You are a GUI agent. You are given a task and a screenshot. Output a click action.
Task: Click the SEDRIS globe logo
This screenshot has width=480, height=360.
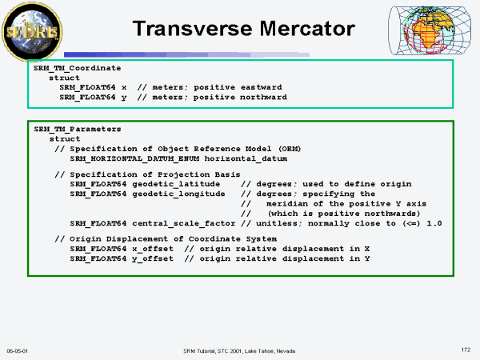32,31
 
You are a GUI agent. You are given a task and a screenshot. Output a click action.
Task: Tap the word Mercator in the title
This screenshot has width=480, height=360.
307,29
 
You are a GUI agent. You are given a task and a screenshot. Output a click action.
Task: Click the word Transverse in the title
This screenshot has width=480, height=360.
194,29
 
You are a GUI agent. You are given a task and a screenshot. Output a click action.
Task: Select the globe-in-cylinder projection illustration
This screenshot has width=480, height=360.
430,30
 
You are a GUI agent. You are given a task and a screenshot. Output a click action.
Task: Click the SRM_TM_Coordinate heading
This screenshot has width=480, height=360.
77,68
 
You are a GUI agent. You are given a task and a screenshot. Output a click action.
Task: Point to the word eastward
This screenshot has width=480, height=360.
261,87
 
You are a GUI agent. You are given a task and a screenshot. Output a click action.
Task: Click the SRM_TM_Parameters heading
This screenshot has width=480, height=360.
78,129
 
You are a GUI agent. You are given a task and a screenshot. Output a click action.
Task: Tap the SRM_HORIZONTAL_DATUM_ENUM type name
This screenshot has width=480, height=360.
134,158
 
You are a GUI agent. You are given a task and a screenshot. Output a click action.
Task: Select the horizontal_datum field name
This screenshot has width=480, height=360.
246,158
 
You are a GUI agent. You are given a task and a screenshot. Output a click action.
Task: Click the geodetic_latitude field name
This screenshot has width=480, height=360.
176,184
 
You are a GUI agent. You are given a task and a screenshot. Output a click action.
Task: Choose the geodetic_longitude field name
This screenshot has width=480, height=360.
178,194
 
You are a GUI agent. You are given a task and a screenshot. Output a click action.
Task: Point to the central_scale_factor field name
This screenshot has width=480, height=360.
184,223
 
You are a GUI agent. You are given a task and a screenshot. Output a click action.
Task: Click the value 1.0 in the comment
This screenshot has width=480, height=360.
434,223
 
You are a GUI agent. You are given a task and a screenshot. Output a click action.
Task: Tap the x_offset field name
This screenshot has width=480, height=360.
153,249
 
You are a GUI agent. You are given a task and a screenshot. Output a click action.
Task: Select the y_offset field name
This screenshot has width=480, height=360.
153,258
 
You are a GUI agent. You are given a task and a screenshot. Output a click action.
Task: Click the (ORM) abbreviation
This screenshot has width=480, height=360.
290,149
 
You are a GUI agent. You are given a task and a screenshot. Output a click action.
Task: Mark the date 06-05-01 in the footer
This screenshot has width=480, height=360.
17,351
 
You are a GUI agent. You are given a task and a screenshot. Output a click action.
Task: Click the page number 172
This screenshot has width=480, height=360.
466,350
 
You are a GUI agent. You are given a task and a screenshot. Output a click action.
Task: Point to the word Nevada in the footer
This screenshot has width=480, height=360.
286,351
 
